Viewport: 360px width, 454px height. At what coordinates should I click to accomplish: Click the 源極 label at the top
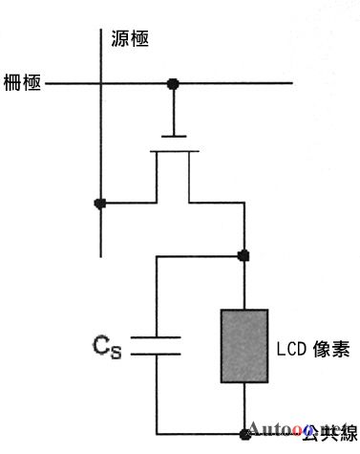click(131, 39)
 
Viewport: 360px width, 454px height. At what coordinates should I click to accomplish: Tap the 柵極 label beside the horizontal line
click(22, 83)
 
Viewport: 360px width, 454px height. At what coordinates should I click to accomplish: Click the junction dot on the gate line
click(173, 84)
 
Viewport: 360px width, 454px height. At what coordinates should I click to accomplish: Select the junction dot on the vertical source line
click(100, 203)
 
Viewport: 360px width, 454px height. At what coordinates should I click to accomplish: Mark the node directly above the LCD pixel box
click(244, 255)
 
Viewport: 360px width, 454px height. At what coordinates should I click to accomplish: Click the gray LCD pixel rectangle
click(244, 344)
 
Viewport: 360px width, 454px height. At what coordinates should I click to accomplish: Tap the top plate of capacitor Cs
click(155, 336)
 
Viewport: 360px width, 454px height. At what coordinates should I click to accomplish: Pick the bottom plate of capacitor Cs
click(155, 353)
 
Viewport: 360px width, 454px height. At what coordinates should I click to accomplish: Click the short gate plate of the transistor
click(173, 137)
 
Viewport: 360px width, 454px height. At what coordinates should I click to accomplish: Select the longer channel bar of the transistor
click(173, 149)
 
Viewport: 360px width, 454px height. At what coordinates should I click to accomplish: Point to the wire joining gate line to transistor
click(173, 111)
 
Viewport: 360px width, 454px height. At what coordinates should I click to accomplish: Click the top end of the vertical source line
click(100, 21)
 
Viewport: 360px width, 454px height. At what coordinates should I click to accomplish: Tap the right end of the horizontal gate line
click(290, 84)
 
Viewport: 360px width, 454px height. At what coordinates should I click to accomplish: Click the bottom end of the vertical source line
click(100, 256)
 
